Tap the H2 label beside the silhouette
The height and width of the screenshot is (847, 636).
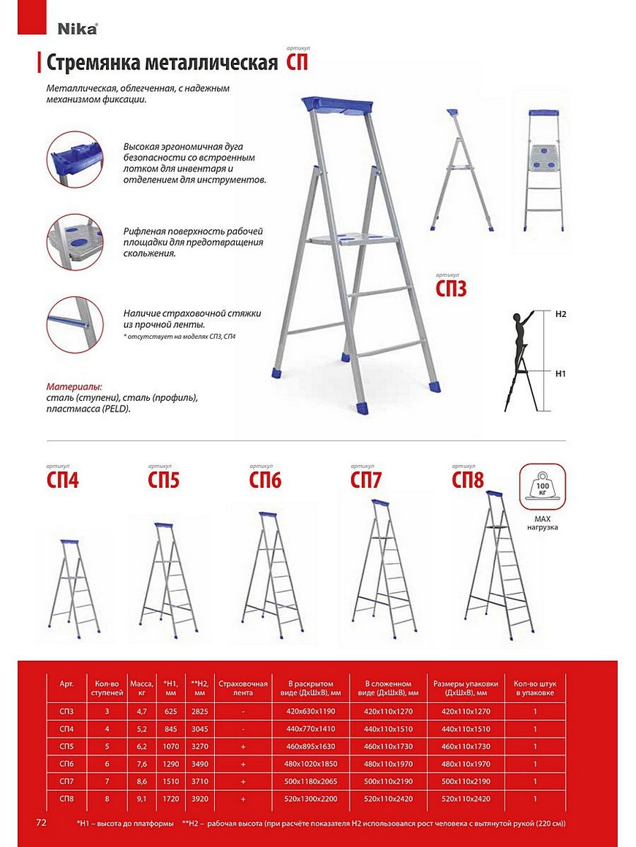[x=561, y=314]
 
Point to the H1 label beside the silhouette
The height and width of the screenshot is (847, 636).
[x=561, y=373]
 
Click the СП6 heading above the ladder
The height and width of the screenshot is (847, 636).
[x=265, y=480]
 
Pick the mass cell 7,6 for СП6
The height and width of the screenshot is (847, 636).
[x=141, y=764]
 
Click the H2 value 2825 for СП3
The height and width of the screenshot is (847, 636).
[x=200, y=710]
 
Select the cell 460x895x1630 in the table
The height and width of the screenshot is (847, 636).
[x=310, y=746]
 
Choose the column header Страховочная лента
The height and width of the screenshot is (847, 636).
[x=243, y=688]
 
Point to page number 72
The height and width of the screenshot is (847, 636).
[x=41, y=822]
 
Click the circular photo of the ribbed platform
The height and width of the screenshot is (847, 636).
[x=75, y=242]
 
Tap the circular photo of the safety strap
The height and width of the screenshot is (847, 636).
[x=75, y=323]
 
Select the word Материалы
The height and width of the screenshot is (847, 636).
[x=74, y=386]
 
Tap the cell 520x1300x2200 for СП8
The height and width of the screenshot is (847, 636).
[x=310, y=799]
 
